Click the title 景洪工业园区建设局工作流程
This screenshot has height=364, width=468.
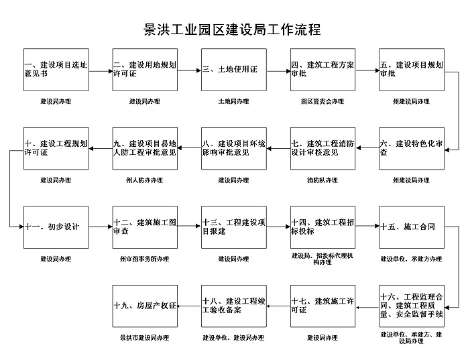[x=233, y=29]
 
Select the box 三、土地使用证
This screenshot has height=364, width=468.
[x=234, y=70]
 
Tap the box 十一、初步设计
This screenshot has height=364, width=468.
[x=56, y=227]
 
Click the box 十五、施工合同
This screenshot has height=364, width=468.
[x=412, y=227]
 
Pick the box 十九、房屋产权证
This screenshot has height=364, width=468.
[x=145, y=306]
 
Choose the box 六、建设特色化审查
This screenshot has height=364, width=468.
[x=412, y=149]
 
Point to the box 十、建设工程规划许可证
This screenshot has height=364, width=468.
[x=56, y=149]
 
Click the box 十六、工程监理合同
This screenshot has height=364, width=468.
[x=412, y=306]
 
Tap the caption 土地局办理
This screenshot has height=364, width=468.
[x=234, y=101]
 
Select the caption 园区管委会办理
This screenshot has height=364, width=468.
[x=323, y=101]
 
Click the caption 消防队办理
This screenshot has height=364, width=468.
[x=323, y=180]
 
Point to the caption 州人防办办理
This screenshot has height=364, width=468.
[x=145, y=180]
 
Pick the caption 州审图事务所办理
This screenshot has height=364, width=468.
[x=145, y=259]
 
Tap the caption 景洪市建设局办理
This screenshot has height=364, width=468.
[x=145, y=338]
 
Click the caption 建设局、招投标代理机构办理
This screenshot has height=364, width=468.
[x=323, y=259]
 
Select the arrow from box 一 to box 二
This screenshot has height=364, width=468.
[x=101, y=71]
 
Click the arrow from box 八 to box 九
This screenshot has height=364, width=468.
[x=189, y=148]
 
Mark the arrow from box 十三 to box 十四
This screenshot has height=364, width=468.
[x=278, y=227]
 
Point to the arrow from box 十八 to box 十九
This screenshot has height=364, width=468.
[x=189, y=306]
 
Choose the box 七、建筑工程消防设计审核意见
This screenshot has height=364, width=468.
[x=323, y=149]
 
